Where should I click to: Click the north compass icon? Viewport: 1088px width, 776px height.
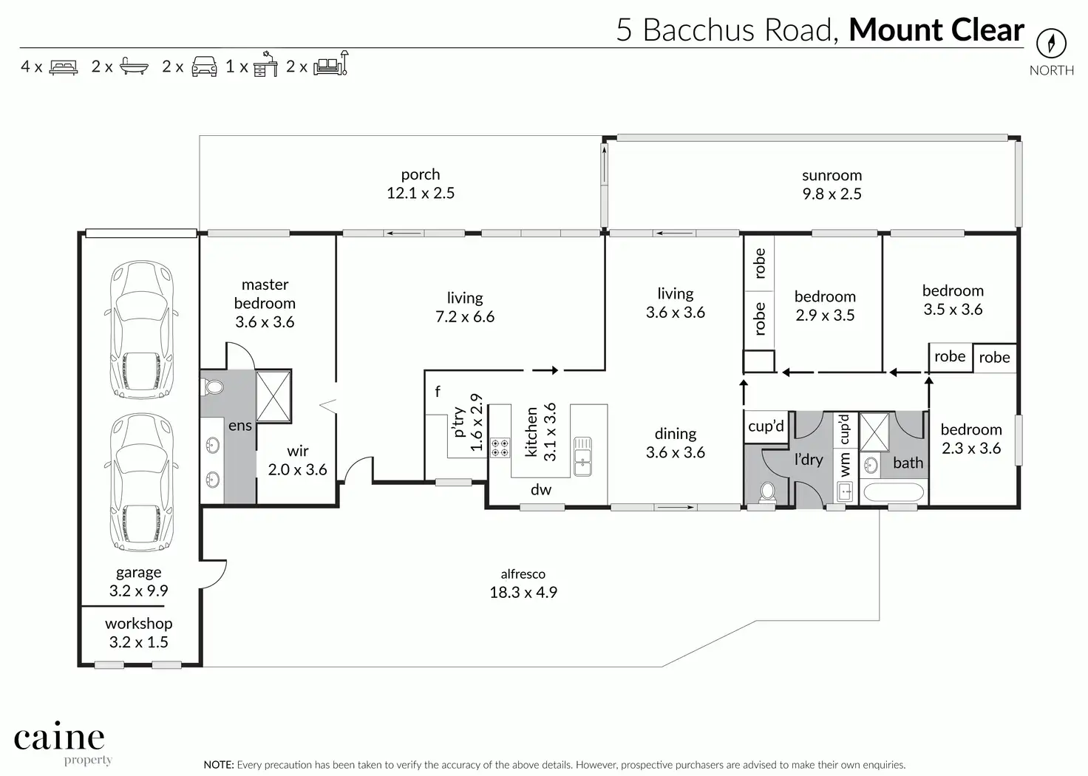tap(1051, 43)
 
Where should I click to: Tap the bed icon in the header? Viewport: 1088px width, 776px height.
tap(63, 67)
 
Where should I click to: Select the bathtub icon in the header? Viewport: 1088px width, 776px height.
tap(134, 66)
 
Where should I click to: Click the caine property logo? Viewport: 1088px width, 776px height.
tap(59, 743)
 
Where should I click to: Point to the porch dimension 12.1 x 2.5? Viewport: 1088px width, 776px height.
tap(421, 193)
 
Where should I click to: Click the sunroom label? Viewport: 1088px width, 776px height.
tap(832, 175)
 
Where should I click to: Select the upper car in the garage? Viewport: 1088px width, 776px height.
tap(141, 330)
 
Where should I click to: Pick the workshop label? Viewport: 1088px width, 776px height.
tap(138, 624)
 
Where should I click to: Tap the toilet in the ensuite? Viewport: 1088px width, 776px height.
tap(212, 387)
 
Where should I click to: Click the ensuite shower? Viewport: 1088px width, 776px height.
tap(273, 396)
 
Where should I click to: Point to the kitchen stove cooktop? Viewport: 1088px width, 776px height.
tap(500, 448)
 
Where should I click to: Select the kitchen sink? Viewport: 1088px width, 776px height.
tap(582, 456)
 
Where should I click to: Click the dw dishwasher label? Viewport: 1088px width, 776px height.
tap(540, 489)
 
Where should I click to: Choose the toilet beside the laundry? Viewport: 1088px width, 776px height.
tap(767, 491)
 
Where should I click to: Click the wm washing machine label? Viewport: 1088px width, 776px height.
tap(844, 464)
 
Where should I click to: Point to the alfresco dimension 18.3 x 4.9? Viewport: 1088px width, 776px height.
tap(523, 592)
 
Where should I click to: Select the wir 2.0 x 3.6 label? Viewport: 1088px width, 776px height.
tap(297, 460)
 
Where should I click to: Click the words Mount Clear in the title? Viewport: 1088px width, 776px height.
tap(936, 30)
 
